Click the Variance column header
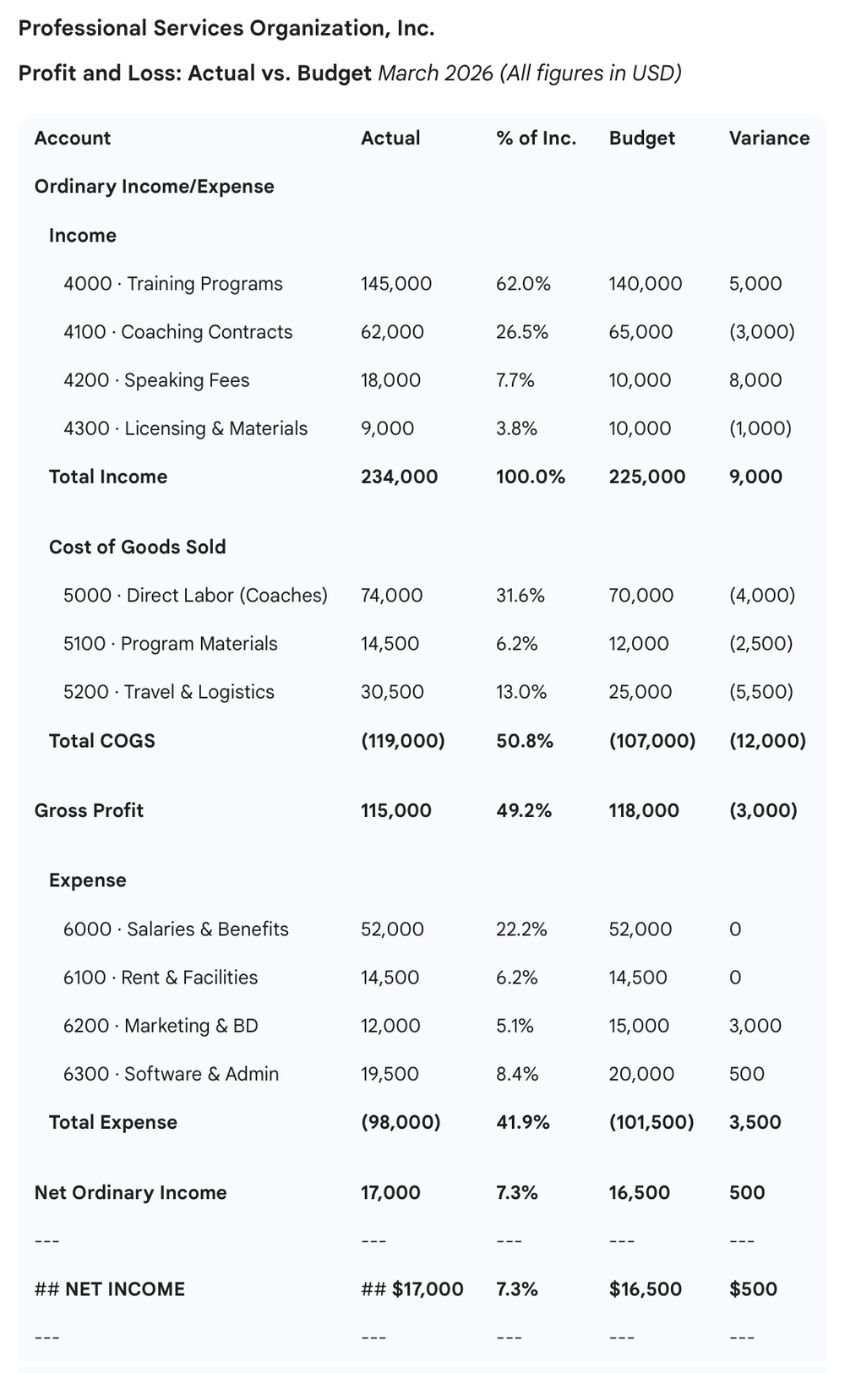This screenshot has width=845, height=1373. [x=769, y=138]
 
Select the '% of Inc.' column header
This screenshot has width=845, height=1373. [x=536, y=138]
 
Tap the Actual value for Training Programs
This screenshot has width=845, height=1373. [x=395, y=284]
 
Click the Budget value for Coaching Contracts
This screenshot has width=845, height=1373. [x=641, y=332]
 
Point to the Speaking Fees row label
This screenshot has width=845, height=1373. [x=156, y=380]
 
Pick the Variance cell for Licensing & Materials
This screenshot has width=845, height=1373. [x=760, y=428]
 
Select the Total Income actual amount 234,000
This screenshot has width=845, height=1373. [x=399, y=477]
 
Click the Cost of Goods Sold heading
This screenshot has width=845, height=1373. [x=137, y=547]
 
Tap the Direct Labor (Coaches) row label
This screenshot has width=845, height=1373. [x=195, y=596]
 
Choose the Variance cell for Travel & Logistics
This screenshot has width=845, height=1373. [x=760, y=692]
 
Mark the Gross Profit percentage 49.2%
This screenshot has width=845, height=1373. [x=523, y=810]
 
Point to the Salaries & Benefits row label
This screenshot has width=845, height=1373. [x=176, y=929]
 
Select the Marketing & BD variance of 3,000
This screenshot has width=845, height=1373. [x=755, y=1026]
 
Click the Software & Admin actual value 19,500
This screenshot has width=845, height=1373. [x=390, y=1074]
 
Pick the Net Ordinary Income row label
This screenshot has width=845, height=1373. [x=130, y=1192]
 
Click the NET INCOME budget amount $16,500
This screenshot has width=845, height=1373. [x=645, y=1289]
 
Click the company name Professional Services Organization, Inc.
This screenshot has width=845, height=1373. [x=226, y=29]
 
